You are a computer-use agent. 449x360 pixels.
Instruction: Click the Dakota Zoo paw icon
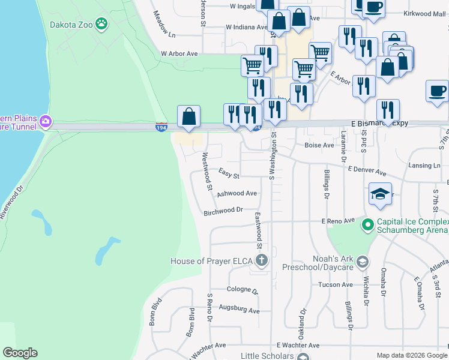(x=103, y=24)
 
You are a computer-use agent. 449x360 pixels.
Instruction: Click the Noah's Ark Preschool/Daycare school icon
(x=362, y=262)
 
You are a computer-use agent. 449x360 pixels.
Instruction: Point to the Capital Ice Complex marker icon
(x=367, y=225)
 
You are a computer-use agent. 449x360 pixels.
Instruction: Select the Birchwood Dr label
(x=223, y=211)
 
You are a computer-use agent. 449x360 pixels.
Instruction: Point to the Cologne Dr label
(x=242, y=290)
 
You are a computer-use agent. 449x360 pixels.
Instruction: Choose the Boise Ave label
(x=319, y=145)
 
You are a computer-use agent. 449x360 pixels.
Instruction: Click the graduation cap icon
(x=380, y=194)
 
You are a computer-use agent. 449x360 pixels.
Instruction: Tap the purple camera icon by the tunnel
(x=46, y=122)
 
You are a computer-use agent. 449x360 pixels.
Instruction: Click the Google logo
(x=20, y=353)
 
